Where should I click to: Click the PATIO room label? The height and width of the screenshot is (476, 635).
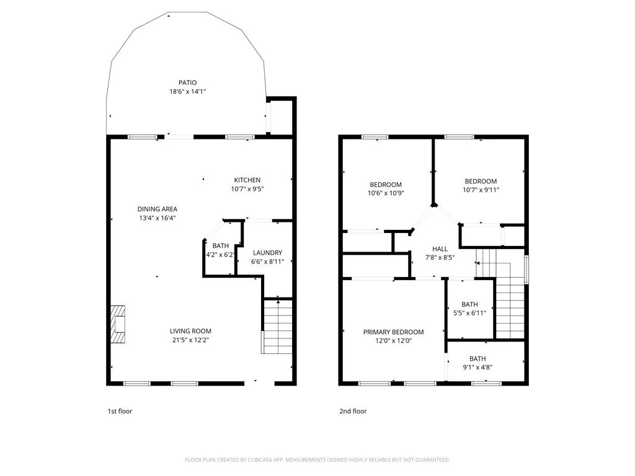click(187, 82)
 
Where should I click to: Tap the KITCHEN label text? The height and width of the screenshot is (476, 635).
click(247, 180)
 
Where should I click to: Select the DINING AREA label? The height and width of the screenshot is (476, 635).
click(157, 209)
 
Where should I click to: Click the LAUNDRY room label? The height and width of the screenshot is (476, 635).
click(267, 253)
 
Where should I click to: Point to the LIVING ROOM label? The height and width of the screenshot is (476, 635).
click(190, 331)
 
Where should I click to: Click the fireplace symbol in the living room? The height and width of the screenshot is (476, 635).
click(118, 324)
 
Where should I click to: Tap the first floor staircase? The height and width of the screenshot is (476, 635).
click(277, 327)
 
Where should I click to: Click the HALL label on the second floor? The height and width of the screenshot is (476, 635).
click(440, 249)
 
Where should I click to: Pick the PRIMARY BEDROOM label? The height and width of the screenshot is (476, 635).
click(393, 332)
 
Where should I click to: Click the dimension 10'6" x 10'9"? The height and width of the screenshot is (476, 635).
click(386, 193)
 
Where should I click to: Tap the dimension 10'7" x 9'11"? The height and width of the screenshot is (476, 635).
click(481, 190)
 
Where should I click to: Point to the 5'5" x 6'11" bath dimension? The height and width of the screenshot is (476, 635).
click(469, 313)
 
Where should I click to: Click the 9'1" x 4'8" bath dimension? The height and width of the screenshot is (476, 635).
click(477, 368)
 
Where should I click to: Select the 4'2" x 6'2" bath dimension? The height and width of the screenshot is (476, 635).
click(220, 255)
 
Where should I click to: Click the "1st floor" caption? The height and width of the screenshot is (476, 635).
click(120, 412)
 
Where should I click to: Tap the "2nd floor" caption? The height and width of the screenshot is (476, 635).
click(353, 412)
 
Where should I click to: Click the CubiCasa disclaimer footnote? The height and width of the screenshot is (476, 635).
click(317, 460)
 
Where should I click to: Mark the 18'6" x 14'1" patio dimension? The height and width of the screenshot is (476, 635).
click(187, 92)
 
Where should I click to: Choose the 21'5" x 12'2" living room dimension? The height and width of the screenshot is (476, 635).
click(190, 340)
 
